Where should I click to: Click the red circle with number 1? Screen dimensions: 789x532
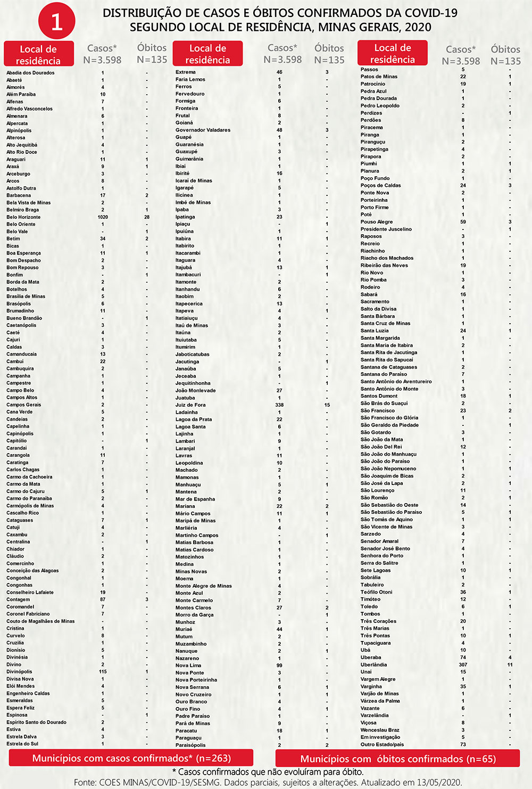coord(56,21)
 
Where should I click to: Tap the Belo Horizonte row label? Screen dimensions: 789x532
coord(23,217)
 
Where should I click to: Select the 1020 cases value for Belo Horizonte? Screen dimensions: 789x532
coord(103,217)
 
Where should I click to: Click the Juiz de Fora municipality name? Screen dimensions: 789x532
coord(190,405)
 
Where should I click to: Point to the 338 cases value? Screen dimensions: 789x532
coord(279,405)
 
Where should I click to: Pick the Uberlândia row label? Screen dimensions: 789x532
coord(373,665)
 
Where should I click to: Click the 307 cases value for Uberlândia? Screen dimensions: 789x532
coord(463,665)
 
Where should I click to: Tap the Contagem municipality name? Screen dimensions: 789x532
coord(18,599)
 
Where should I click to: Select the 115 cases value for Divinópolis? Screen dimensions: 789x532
coord(103,672)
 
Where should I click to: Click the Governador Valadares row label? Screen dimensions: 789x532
coord(203,130)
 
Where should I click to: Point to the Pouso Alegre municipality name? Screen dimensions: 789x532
coord(377,222)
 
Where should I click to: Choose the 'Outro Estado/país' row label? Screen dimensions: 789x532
coord(382,744)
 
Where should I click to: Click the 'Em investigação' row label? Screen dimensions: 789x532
coord(380,737)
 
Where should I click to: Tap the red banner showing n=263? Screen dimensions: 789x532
coord(131,758)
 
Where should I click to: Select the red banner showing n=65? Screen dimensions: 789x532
coord(397,759)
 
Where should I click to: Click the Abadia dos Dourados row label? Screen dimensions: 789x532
coord(30,73)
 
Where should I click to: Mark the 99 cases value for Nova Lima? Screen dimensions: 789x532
coord(279,665)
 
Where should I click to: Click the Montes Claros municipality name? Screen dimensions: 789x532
coord(193,607)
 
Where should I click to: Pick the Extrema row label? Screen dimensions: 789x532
coord(186,72)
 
